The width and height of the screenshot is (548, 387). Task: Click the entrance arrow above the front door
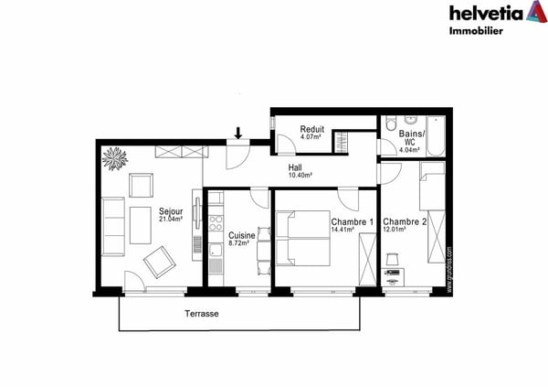pyautogui.click(x=238, y=133)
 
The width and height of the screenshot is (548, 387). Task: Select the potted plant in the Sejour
pyautogui.click(x=116, y=157)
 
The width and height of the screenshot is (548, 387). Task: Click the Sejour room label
pyautogui.click(x=171, y=210)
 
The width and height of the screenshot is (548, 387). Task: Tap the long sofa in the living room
pyautogui.click(x=114, y=226)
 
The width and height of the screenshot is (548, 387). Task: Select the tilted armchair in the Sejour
pyautogui.click(x=158, y=263)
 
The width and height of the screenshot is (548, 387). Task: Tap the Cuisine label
pyautogui.click(x=242, y=236)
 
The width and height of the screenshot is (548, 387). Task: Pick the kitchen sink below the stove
pyautogui.click(x=216, y=265)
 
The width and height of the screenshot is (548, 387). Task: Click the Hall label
pyautogui.click(x=295, y=167)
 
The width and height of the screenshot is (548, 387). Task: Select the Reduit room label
pyautogui.click(x=313, y=129)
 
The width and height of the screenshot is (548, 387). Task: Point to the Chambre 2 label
pyautogui.click(x=404, y=222)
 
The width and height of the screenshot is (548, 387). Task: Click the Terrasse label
pyautogui.click(x=202, y=313)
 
